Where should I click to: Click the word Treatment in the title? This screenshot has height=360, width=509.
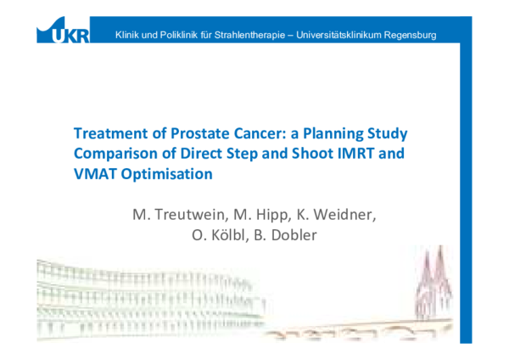point(108,134)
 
